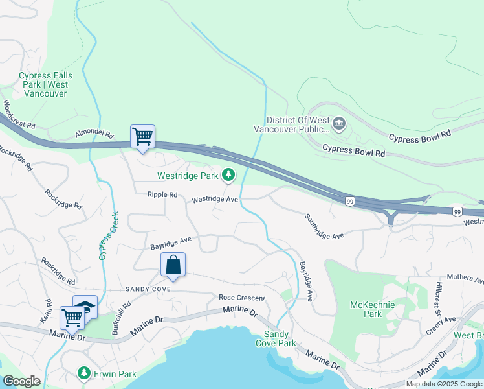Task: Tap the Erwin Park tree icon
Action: [83, 373]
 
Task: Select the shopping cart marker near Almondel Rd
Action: [142, 137]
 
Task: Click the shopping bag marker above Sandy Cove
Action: [173, 265]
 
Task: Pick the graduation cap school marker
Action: [85, 307]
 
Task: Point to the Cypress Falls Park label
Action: [45, 84]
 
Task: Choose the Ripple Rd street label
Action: [162, 194]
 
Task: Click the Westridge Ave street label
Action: [215, 200]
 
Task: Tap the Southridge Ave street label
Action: [324, 226]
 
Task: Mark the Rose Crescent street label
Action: [242, 298]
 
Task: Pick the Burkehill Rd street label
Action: [122, 318]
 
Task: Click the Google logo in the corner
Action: [22, 381]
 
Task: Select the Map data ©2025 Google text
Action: [444, 384]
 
